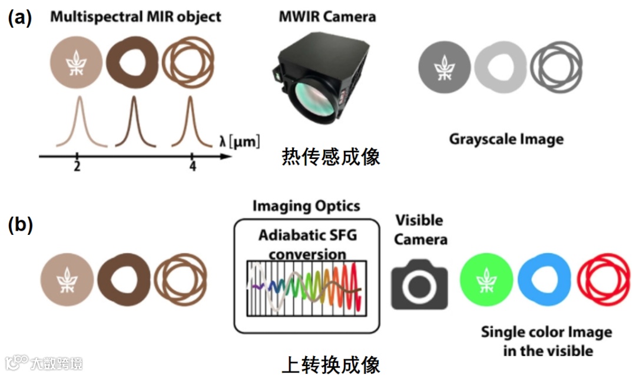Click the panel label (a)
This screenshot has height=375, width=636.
(x=20, y=18)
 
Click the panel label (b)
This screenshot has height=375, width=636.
(x=20, y=226)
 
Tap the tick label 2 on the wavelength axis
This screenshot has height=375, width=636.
(x=77, y=167)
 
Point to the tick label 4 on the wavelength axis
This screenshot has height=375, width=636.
(x=193, y=167)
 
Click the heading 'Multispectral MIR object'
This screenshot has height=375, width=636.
(x=135, y=16)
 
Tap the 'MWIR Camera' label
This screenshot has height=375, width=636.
(x=327, y=16)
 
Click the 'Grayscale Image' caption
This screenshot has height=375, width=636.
(x=506, y=140)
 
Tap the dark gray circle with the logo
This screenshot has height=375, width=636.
(x=445, y=66)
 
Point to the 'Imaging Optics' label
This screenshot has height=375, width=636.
(x=306, y=206)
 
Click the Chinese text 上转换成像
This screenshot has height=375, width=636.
(x=330, y=363)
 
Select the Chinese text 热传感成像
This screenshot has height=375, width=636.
(x=330, y=157)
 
